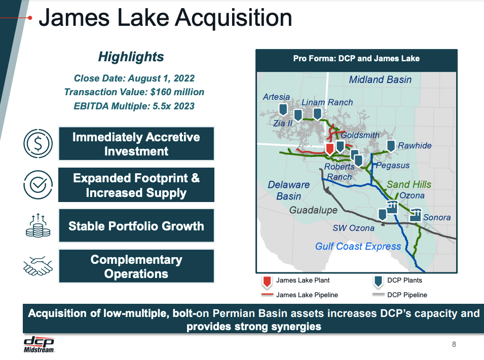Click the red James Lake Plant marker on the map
coord(329,148)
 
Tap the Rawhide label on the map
coord(414,146)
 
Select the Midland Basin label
coord(380,79)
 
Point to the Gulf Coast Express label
coord(358,247)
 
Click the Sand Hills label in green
coord(409,185)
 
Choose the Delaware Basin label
coord(288,190)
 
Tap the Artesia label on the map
coord(276,97)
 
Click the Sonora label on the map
coord(436,218)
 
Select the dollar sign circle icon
coord(38,144)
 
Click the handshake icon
coord(38,266)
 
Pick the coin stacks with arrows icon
coord(38,226)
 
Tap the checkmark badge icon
coord(38,185)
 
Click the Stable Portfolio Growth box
coord(136,226)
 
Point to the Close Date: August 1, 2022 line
coord(134,78)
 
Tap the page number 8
coord(454,345)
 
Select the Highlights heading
coord(131,57)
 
